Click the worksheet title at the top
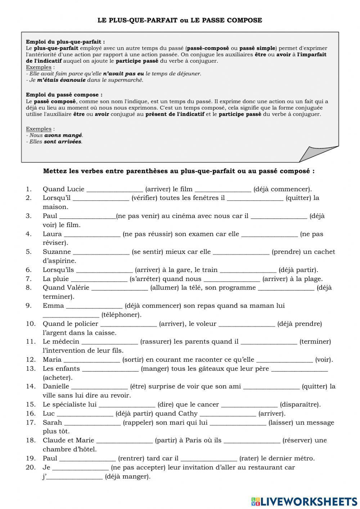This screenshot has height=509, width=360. (x=180, y=20)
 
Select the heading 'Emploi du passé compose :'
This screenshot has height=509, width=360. (x=64, y=95)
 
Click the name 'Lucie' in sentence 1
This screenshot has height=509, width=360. (x=76, y=189)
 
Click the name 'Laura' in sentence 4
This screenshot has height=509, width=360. (x=52, y=234)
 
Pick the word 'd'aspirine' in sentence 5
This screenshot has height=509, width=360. (x=59, y=261)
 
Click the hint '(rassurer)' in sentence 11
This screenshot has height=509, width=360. (x=156, y=341)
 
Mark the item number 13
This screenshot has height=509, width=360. (x=31, y=368)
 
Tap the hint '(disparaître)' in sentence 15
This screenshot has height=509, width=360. (x=300, y=404)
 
